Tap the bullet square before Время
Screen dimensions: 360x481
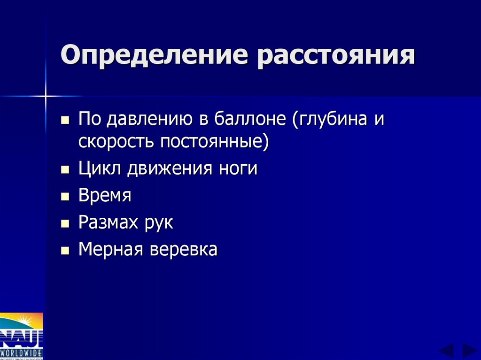[x=65, y=197]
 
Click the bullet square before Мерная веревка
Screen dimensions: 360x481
[x=65, y=251]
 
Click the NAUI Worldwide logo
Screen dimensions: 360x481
[x=22, y=336]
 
